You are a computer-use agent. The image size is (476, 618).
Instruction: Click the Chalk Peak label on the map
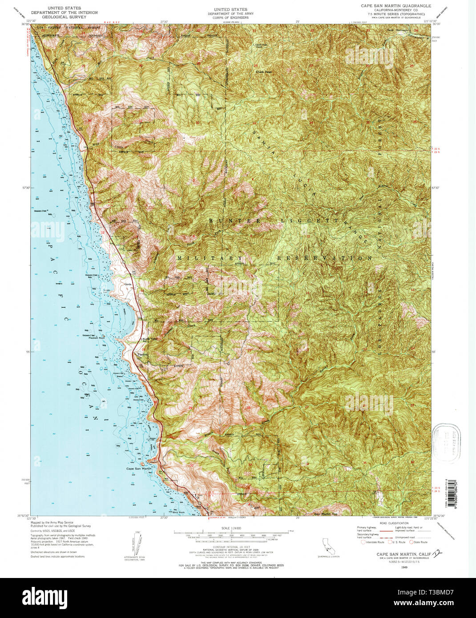(263, 72)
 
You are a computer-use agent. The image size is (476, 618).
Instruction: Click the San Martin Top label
(326, 514)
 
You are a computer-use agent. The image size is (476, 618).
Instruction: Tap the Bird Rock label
(178, 512)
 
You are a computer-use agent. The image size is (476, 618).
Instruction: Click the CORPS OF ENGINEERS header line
(230, 18)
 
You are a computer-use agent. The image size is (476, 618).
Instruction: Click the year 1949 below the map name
(404, 568)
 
